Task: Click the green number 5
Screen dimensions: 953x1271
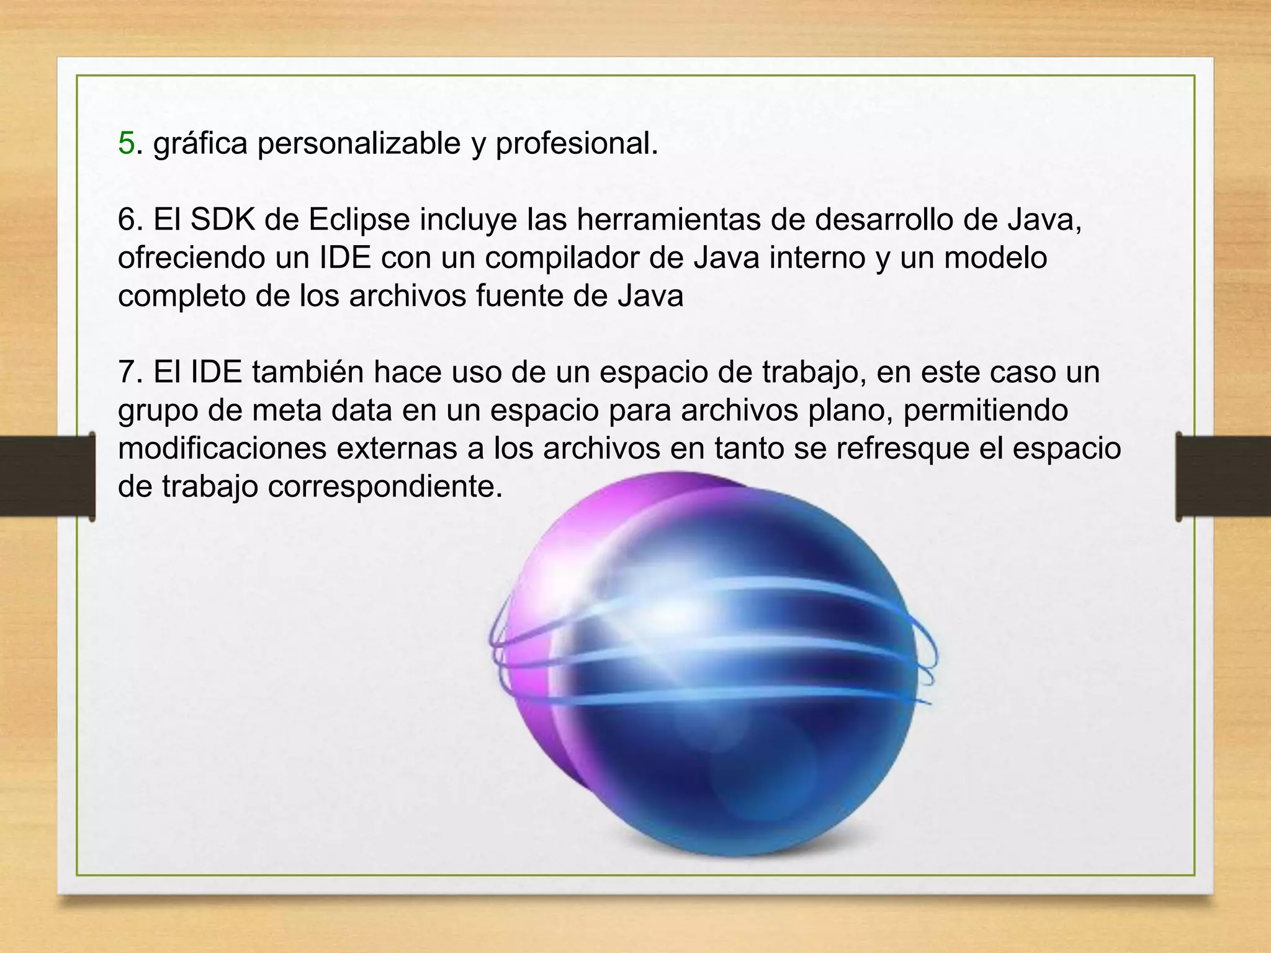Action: click(x=126, y=143)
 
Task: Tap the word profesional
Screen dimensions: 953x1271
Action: click(x=576, y=143)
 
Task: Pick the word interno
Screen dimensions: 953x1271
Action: click(x=817, y=257)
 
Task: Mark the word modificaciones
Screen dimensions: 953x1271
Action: click(x=222, y=449)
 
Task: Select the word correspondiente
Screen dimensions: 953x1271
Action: click(x=385, y=487)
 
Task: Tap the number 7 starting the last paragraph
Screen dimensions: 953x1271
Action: click(x=127, y=372)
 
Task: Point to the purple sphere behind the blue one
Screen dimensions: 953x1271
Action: click(x=546, y=620)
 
